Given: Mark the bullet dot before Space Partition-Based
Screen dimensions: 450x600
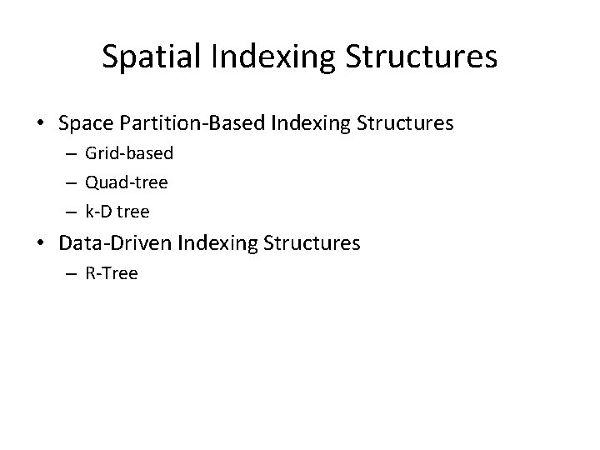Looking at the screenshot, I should (41, 124).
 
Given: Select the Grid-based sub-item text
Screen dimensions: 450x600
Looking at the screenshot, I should (129, 154).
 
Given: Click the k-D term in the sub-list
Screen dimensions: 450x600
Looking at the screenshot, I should (99, 212).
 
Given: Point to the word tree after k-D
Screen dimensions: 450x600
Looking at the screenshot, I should (134, 212).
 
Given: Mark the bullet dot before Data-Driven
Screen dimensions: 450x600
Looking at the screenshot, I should (41, 243).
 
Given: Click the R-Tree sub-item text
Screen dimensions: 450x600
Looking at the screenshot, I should (112, 272).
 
